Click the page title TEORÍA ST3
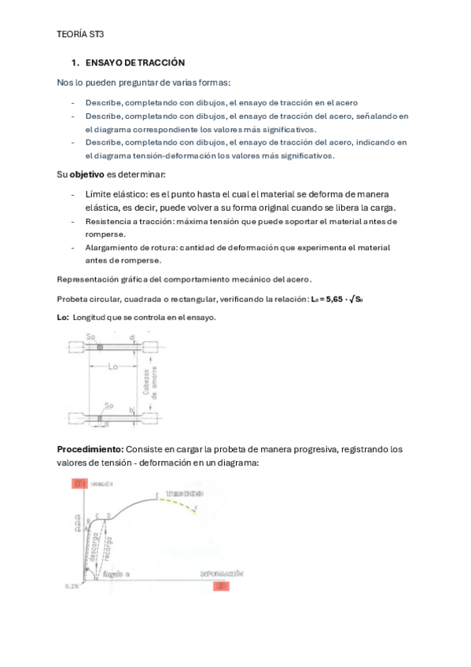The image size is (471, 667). click(80, 35)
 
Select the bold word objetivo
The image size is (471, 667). click(89, 173)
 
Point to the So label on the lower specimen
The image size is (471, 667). click(110, 406)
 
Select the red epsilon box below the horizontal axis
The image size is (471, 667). click(223, 586)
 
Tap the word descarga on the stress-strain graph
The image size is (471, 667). click(95, 543)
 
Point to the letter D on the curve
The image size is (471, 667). click(108, 514)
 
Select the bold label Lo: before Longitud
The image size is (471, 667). click(63, 317)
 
